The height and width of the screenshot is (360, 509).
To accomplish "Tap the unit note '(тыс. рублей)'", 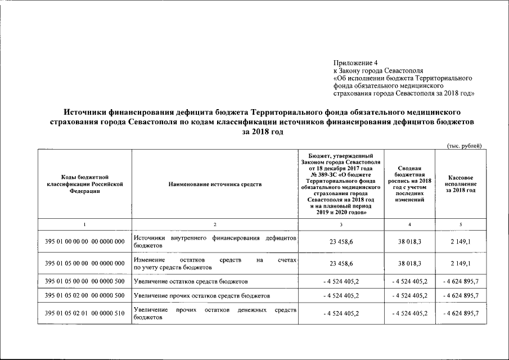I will coord(464,146).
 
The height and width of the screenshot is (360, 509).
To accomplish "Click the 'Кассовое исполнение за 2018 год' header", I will coord(460,184).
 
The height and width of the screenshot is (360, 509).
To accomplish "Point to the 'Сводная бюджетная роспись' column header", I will coord(409,184).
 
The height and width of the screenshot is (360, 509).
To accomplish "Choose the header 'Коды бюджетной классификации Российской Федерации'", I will coord(84,184).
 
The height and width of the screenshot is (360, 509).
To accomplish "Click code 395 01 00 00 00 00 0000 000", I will coord(84,242).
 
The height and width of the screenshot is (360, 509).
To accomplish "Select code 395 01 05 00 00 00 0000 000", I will coord(84,263).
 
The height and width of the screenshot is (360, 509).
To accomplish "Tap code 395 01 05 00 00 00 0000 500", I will coord(84,280).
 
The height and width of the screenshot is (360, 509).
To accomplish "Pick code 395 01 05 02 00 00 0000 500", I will coord(84,295).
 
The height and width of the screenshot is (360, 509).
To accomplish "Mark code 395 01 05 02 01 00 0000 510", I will coord(84,313).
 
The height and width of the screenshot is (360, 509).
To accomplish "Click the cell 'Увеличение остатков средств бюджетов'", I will coord(191,280).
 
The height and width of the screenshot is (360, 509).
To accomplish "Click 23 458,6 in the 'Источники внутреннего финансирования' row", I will coord(341,242).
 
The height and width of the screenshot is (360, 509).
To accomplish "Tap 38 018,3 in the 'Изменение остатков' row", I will coord(409,263).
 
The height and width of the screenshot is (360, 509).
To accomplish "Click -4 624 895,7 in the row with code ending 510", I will coord(460,313).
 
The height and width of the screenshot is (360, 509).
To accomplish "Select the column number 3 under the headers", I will coord(341,225).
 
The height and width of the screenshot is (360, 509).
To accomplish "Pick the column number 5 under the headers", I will coord(460,225).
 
